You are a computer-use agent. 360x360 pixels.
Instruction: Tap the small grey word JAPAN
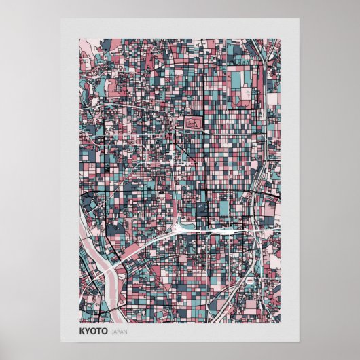pos(119,333)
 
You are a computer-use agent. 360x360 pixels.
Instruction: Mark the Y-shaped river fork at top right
pos(257,51)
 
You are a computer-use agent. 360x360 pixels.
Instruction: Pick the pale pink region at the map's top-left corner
pos(86,46)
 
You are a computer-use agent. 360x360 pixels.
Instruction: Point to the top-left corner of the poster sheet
pos(61,19)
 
